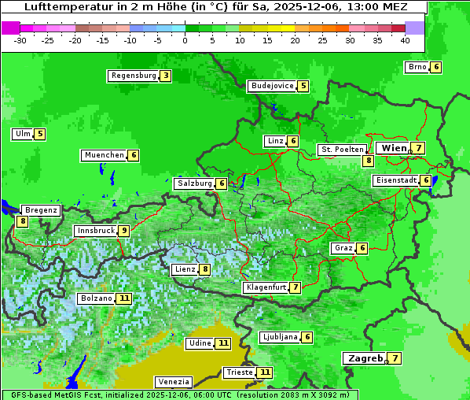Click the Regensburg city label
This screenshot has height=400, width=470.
coord(134,76)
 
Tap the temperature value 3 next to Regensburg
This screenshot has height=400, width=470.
coord(165,76)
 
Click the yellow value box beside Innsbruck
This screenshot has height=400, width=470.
coord(124,231)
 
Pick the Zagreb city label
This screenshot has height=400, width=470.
coord(365,358)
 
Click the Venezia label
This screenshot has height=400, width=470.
coord(173,381)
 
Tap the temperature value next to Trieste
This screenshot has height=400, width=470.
coord(265,372)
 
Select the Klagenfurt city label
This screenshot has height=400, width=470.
coord(266,287)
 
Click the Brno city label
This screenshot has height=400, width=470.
coord(417,67)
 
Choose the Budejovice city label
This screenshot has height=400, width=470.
coord(272,86)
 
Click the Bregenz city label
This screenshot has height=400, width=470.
coord(41,210)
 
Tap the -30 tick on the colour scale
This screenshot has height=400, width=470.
coord(20,39)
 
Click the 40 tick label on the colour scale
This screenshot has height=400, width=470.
coord(405,39)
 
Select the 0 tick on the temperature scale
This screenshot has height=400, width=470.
coord(185,39)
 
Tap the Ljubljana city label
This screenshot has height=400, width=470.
coord(279,337)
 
